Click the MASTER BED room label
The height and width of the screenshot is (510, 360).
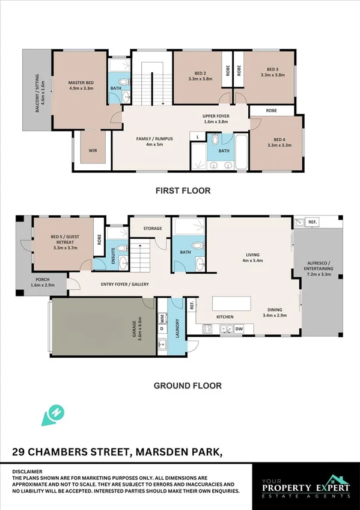(x=81, y=85)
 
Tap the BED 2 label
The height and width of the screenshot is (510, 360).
(x=200, y=76)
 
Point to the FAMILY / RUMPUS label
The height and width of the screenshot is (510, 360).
(x=154, y=141)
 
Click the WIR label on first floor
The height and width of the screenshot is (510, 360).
(x=93, y=151)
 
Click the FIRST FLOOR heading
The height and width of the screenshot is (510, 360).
(x=183, y=191)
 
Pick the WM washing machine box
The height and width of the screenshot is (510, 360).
(x=162, y=318)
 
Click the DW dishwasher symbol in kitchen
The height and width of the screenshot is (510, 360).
(x=239, y=329)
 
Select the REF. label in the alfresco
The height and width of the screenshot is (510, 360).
(x=313, y=222)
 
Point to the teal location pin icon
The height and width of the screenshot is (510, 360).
(x=52, y=415)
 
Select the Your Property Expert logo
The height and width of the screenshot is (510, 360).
(x=307, y=487)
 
